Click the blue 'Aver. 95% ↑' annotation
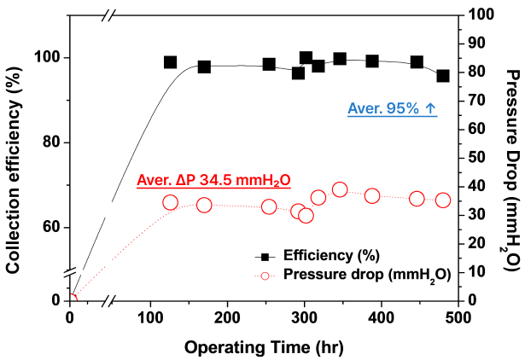(x=393, y=108)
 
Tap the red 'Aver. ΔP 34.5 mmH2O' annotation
(x=213, y=181)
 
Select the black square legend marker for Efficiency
(x=265, y=257)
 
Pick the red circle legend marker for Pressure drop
(x=265, y=276)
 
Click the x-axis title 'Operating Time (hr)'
(x=264, y=347)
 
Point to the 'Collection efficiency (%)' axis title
(x=14, y=170)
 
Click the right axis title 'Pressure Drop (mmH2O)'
(x=512, y=171)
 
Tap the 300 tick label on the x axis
(x=305, y=317)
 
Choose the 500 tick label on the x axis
(x=458, y=317)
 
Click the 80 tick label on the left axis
(x=51, y=142)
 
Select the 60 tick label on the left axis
(x=51, y=228)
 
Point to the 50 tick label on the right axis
(x=477, y=158)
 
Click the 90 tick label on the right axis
(x=477, y=44)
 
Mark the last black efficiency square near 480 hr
(x=443, y=76)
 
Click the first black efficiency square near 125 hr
(x=171, y=62)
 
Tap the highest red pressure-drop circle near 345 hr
(x=340, y=190)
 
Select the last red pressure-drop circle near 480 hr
(x=443, y=200)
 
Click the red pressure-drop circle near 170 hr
(x=204, y=205)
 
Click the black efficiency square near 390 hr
(x=372, y=61)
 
